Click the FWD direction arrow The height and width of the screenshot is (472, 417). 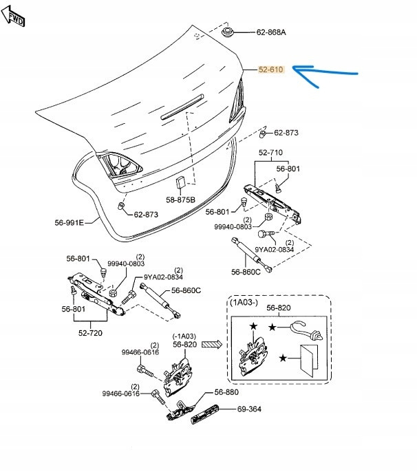(14, 15)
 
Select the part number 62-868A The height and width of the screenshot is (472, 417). (270, 32)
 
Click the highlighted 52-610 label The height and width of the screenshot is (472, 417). (270, 69)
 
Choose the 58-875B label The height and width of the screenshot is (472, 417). (180, 200)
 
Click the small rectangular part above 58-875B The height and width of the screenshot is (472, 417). (180, 182)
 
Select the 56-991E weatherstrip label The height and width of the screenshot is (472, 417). (69, 222)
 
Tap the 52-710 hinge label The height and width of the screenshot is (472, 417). (270, 152)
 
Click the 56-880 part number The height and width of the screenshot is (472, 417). (226, 391)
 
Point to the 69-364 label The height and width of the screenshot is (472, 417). (250, 409)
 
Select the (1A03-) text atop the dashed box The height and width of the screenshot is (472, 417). (245, 303)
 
